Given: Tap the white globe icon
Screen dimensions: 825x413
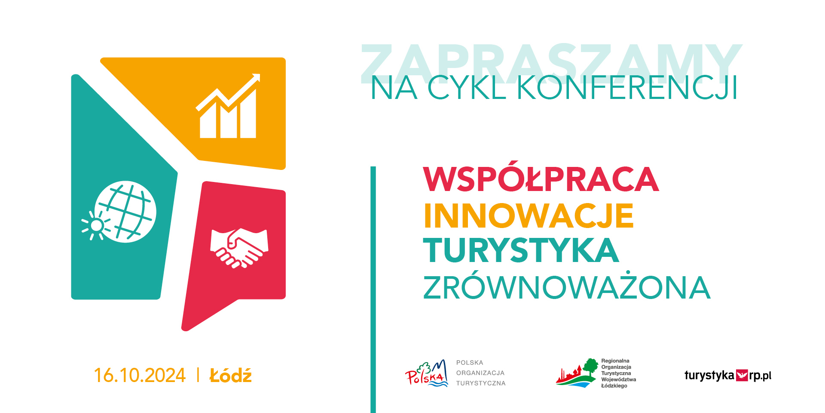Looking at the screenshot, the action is click(x=125, y=212).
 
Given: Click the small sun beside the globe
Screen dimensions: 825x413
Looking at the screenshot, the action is click(x=96, y=225).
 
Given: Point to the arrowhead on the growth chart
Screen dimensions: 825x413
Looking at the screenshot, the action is click(x=255, y=78).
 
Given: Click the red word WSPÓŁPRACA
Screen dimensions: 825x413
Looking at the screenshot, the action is click(x=541, y=179).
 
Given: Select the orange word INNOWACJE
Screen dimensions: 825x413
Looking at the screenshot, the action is click(x=529, y=216).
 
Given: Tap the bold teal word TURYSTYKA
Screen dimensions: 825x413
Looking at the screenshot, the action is click(x=521, y=250).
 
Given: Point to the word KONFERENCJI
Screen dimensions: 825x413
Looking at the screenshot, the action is click(x=627, y=88).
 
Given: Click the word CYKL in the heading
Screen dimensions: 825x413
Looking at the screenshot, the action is click(x=467, y=88).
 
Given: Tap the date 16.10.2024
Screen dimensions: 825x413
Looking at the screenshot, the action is click(x=140, y=375).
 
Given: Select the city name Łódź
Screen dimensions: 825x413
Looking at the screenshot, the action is click(x=231, y=375).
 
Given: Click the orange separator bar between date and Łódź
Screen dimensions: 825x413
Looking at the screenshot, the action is click(x=198, y=375).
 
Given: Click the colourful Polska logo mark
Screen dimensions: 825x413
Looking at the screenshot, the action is click(x=427, y=373).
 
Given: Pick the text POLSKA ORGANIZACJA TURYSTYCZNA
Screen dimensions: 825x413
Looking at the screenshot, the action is click(x=481, y=373).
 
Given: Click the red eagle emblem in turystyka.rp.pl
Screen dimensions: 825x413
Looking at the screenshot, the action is click(x=742, y=375).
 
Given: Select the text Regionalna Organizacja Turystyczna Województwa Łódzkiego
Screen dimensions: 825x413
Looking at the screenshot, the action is click(x=618, y=373).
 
